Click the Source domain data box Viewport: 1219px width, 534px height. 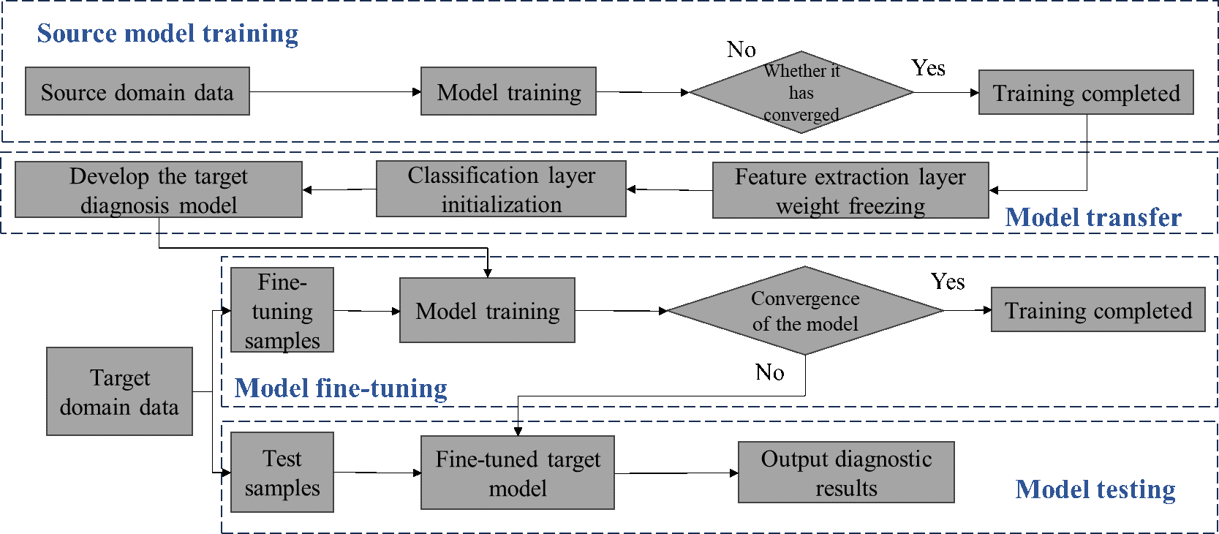137,91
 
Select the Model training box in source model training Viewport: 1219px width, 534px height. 508,91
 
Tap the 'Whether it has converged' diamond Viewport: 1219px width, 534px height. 801,93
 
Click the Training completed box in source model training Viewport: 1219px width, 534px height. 1086,93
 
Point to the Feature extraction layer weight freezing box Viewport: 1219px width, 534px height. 850,190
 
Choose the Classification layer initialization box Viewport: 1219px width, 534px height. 501,189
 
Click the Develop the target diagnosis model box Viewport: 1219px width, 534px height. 159,190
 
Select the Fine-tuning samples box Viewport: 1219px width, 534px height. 282,310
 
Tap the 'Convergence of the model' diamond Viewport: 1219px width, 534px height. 805,311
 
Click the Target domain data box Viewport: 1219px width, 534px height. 119,391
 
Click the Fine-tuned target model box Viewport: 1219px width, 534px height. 518,473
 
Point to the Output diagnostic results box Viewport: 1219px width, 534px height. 846,473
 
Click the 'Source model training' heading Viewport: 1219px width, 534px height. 167,34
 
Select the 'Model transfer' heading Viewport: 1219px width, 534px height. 1092,217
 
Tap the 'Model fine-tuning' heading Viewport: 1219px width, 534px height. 341,388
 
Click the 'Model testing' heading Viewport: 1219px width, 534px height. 1095,489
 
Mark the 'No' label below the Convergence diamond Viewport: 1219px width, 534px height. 769,372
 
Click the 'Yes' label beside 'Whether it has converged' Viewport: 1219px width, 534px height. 929,68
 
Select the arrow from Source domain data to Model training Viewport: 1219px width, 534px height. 335,92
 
